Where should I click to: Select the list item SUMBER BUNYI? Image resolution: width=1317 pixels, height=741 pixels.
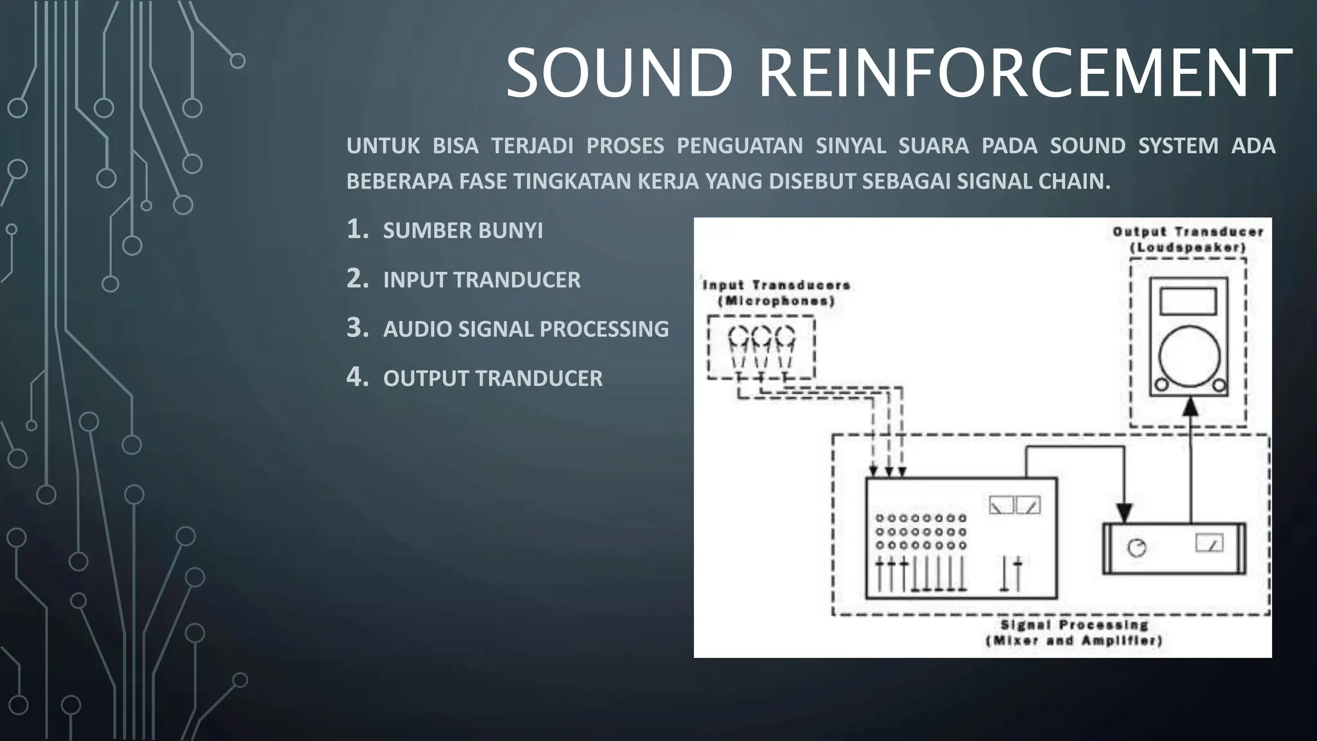[462, 231]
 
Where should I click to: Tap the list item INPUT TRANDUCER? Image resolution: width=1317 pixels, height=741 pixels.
[482, 280]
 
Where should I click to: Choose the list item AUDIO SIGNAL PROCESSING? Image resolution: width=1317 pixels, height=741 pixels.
[525, 329]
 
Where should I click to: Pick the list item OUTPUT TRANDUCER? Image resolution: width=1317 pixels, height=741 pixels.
[493, 378]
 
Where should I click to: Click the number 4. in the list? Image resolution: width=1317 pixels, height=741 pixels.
[357, 377]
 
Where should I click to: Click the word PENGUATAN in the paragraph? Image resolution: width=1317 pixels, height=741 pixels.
[740, 146]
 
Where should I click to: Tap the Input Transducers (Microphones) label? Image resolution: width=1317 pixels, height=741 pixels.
[776, 293]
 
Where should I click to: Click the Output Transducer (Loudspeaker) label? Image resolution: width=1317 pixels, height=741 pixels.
[1188, 239]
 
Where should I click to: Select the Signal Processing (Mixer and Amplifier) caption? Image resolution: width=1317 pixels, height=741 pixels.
[1074, 633]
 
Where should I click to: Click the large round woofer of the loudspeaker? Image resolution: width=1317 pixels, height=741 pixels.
[1189, 356]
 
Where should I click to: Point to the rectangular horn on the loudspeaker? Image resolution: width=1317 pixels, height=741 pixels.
[1188, 301]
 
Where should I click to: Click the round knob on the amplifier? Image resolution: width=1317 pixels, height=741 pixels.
[1137, 548]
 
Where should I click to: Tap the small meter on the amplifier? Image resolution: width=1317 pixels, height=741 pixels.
[1209, 544]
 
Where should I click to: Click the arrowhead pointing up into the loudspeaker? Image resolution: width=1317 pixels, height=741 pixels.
[1190, 407]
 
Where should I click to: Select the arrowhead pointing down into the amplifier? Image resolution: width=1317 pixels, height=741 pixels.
[1123, 513]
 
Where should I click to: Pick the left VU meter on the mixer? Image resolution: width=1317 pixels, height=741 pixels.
[1001, 505]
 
